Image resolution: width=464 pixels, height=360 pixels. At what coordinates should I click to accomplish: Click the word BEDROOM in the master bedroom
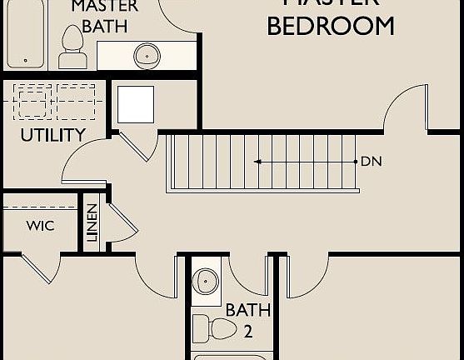click(x=331, y=26)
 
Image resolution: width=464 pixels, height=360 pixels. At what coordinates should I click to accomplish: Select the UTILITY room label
click(x=52, y=135)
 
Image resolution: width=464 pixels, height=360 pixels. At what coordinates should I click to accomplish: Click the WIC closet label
click(x=40, y=226)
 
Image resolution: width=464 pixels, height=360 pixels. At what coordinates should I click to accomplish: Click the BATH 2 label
click(x=248, y=320)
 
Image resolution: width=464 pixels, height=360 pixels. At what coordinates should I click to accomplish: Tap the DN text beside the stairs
click(x=371, y=161)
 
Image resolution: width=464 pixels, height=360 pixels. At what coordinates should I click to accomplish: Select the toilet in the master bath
click(x=73, y=48)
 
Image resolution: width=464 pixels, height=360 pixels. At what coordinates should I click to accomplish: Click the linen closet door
click(x=117, y=220)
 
